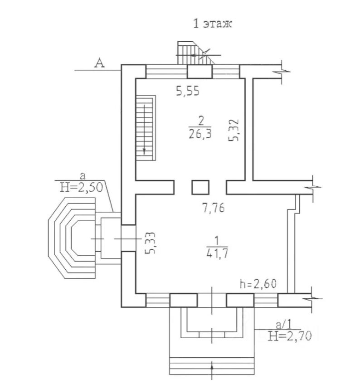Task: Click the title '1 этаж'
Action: pos(212,24)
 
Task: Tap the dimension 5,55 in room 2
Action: pos(188,91)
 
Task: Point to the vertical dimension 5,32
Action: pos(234,130)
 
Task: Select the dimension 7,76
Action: pos(214,208)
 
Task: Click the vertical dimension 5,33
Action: pos(150,243)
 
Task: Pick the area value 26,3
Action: pos(200,134)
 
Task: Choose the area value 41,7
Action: pos(217,254)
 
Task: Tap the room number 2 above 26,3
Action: pos(201,121)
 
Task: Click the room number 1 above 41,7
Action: pos(217,241)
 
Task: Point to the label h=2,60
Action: pos(258,284)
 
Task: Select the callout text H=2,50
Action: pos(82,187)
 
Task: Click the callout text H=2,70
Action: pos(290,336)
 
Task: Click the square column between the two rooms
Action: pos(200,187)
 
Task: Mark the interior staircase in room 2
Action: pos(146,127)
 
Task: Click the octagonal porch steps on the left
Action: pos(72,238)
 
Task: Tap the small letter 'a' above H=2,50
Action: pos(83,176)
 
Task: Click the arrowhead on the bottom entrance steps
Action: pos(212,366)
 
